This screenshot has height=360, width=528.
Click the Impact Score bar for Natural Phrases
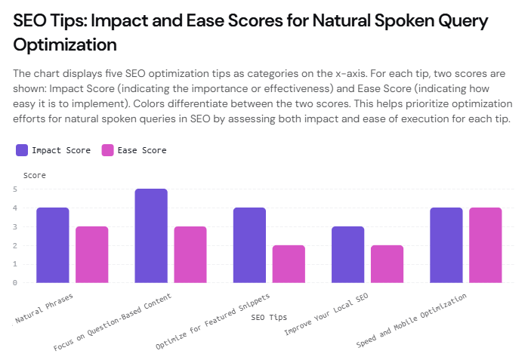click(x=53, y=245)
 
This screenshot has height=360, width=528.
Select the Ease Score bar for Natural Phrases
click(x=92, y=254)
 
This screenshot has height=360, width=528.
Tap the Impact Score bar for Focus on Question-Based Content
click(x=151, y=235)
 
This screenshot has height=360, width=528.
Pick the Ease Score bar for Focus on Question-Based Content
click(x=190, y=254)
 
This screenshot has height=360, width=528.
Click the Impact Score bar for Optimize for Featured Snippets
click(x=249, y=245)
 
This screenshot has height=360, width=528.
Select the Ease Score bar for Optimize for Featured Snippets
click(x=289, y=264)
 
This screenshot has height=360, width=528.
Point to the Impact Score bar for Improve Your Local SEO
click(x=347, y=254)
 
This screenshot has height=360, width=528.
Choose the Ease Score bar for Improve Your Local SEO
click(x=387, y=264)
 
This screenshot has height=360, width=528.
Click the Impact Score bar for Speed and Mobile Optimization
click(x=446, y=245)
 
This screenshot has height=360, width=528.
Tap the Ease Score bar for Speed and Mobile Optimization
click(x=485, y=245)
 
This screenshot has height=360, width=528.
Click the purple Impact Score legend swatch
click(x=21, y=150)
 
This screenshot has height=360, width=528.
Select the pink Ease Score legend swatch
click(x=107, y=150)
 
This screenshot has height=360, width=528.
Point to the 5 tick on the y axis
click(x=14, y=189)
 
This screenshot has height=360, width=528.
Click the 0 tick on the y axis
click(x=14, y=283)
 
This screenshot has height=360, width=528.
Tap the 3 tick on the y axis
click(x=14, y=226)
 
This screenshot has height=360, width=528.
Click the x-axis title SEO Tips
click(x=268, y=317)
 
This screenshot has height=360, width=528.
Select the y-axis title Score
click(x=35, y=175)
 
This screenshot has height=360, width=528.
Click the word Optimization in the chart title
click(x=65, y=45)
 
